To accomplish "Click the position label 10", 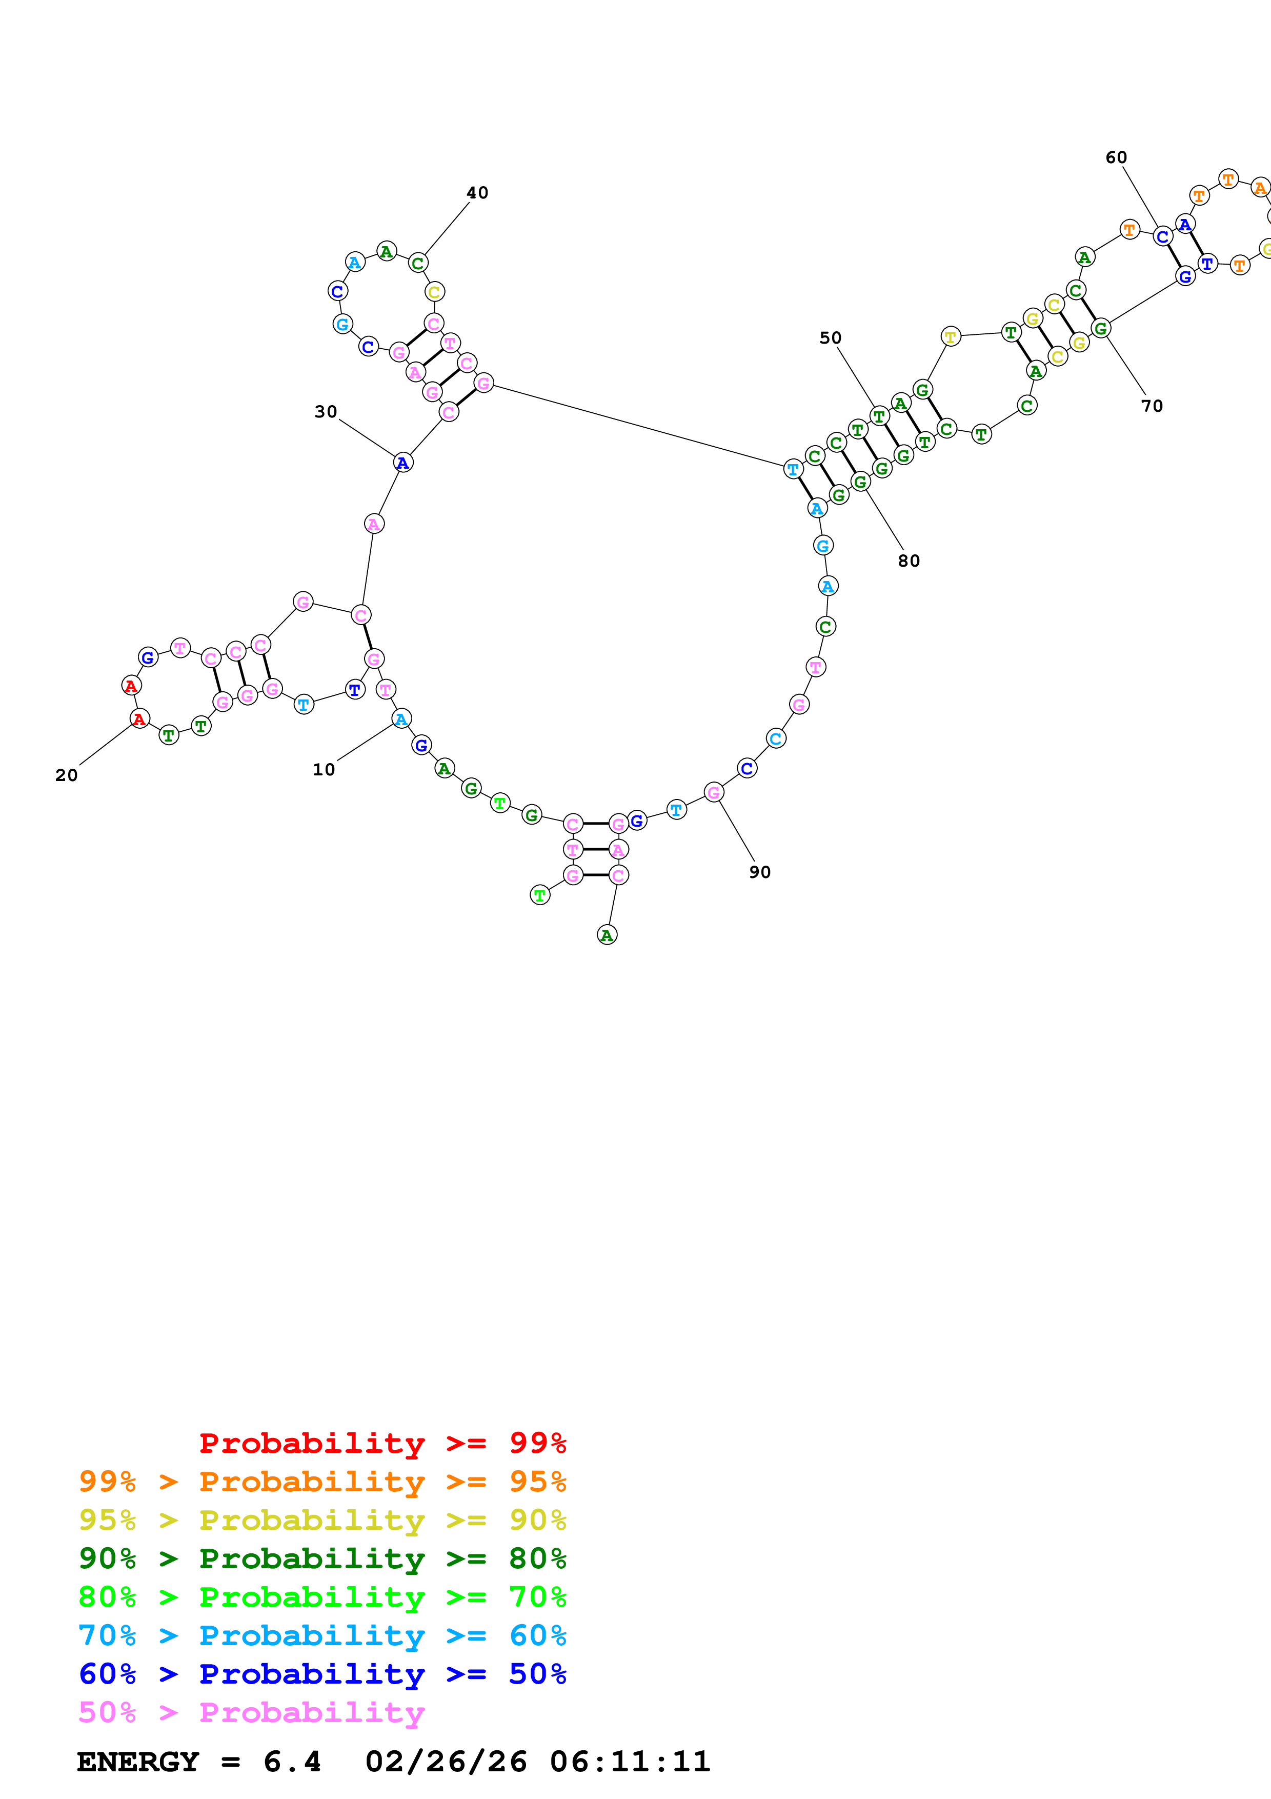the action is click(324, 769).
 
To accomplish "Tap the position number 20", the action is click(67, 775).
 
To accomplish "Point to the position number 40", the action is click(477, 193).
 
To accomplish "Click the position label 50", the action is click(830, 338).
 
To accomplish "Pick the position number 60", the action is click(1116, 157).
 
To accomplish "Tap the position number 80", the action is click(909, 561).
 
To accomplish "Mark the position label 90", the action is click(760, 872).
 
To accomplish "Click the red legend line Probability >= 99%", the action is click(382, 1443).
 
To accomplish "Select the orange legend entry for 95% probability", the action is click(322, 1481).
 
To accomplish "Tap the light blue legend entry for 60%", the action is click(322, 1635).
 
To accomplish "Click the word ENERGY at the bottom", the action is click(138, 1762).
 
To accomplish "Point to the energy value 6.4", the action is click(292, 1762).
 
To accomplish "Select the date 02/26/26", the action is click(446, 1762).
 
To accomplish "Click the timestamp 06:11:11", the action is click(630, 1762).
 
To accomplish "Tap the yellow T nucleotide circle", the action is click(950, 337).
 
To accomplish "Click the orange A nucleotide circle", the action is click(1259, 188).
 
